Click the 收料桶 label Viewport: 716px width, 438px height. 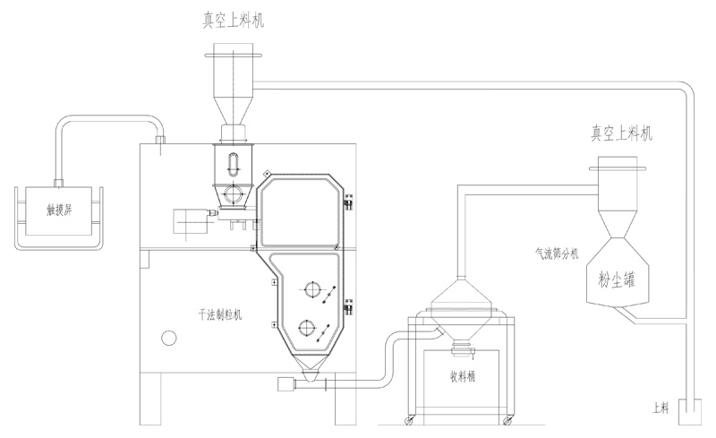point(462,376)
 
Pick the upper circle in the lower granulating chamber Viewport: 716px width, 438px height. point(312,290)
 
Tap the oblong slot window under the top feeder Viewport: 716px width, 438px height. point(234,167)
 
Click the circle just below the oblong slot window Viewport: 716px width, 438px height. point(234,193)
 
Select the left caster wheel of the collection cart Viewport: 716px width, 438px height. point(413,419)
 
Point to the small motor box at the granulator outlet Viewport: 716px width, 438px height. point(287,385)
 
